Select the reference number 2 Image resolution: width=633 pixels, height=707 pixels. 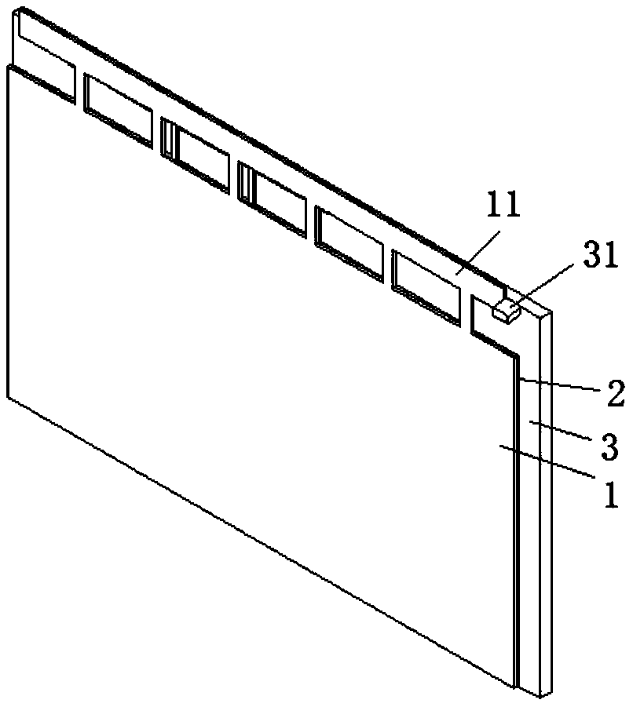[615, 392]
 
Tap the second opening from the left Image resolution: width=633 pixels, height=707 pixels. [118, 110]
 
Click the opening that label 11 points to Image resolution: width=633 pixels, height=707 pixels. [426, 285]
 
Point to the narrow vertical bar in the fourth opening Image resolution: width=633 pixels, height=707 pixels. [245, 183]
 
